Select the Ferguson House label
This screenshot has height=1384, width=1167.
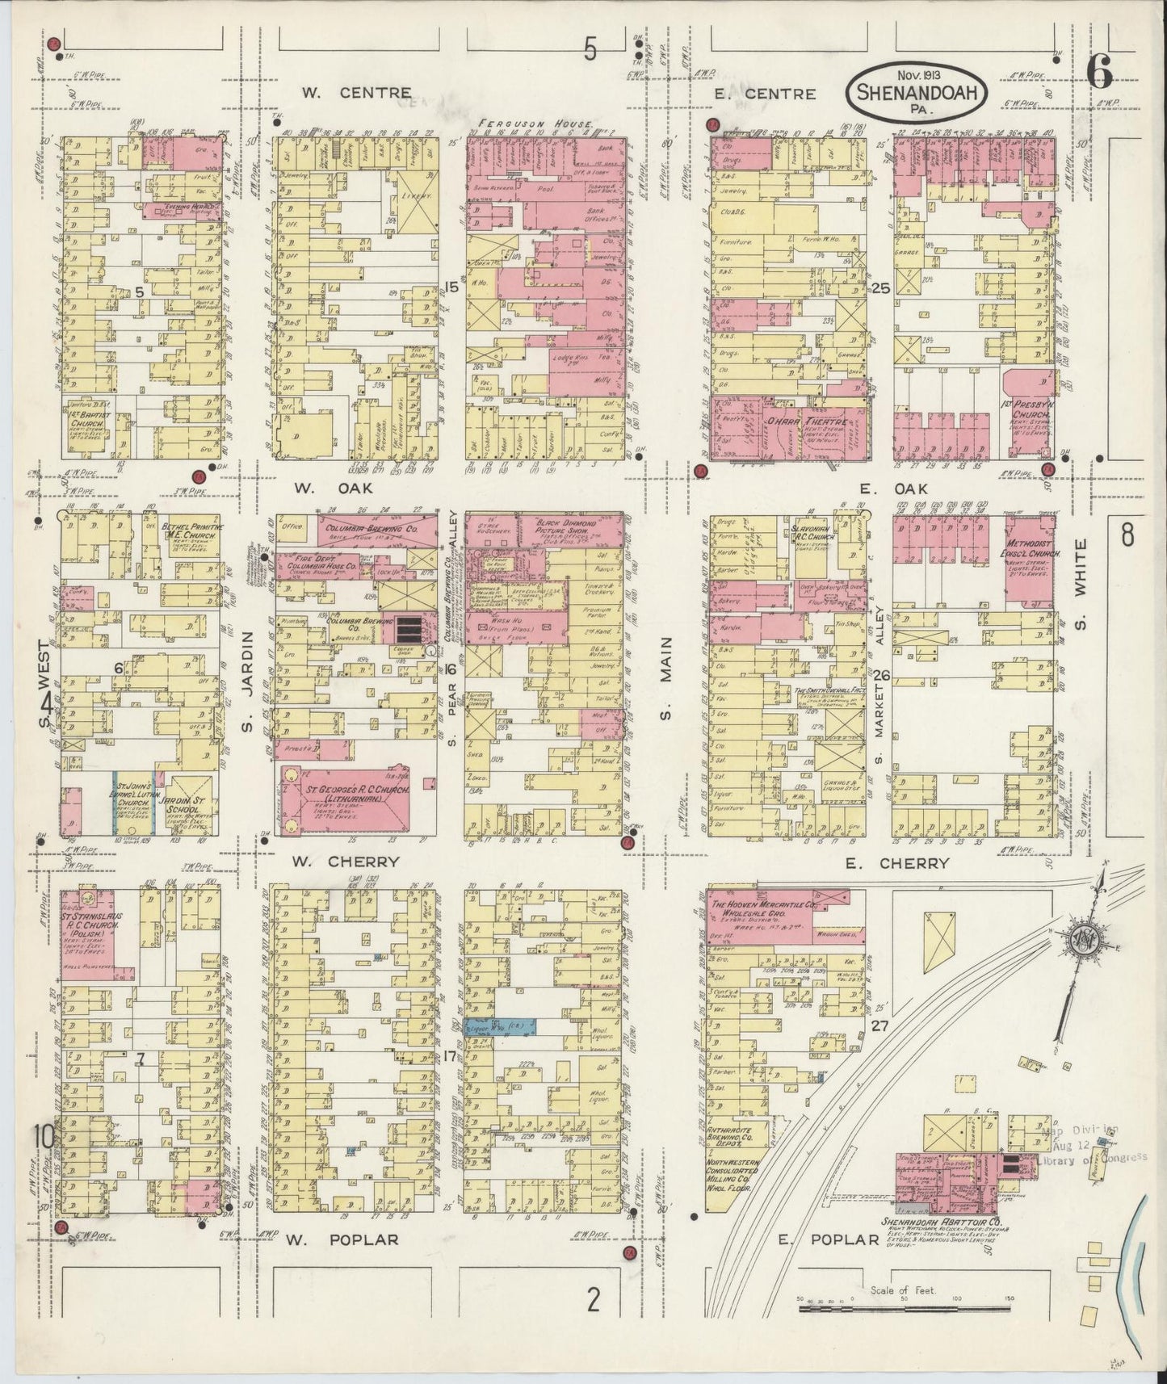coord(535,124)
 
